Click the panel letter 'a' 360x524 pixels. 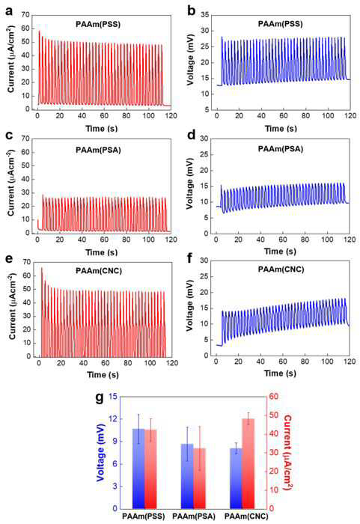(9, 11)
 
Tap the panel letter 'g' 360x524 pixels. (100, 398)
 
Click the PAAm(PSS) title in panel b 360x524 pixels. (280, 24)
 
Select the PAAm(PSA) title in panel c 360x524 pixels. (98, 150)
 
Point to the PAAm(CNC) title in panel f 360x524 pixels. (281, 269)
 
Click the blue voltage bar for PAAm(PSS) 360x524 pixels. (138, 469)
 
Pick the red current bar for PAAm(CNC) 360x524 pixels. (248, 463)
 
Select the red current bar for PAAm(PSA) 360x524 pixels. (200, 478)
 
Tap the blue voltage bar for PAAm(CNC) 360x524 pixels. (236, 478)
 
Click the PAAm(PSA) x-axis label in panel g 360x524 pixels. (194, 517)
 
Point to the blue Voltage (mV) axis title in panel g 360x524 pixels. (100, 452)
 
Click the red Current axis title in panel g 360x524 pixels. (287, 452)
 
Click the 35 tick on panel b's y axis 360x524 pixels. (205, 15)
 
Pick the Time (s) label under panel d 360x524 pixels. (280, 252)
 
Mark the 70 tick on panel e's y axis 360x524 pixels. (26, 262)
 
